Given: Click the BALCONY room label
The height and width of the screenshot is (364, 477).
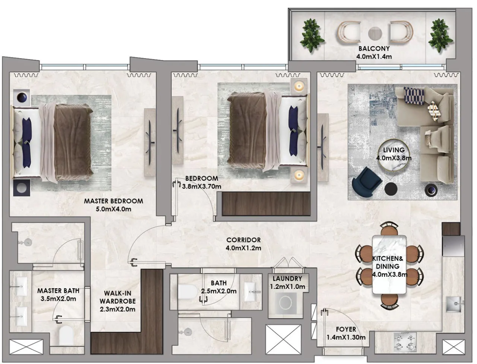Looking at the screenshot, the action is [x=374, y=48].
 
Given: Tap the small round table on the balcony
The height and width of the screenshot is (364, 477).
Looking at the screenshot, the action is [x=375, y=34].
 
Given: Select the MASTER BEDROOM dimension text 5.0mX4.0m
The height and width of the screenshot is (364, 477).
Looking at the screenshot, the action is [x=113, y=209].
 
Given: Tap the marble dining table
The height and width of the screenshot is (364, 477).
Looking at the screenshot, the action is [x=389, y=264].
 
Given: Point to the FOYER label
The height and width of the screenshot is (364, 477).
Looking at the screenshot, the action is [x=346, y=329].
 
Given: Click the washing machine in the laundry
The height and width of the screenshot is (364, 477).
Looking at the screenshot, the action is [x=286, y=302].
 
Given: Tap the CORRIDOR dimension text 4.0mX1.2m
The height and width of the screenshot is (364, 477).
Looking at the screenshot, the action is [x=243, y=248].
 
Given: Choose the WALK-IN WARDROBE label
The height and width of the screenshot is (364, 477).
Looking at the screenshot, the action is [x=118, y=297].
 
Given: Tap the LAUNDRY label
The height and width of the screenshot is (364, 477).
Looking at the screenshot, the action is [x=287, y=278].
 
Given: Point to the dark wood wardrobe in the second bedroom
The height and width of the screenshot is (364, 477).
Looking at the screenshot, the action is [x=266, y=204].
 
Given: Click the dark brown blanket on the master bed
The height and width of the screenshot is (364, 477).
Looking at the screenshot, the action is [x=73, y=143].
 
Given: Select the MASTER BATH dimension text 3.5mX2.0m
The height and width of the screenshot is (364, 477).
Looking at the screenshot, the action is [x=58, y=299].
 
